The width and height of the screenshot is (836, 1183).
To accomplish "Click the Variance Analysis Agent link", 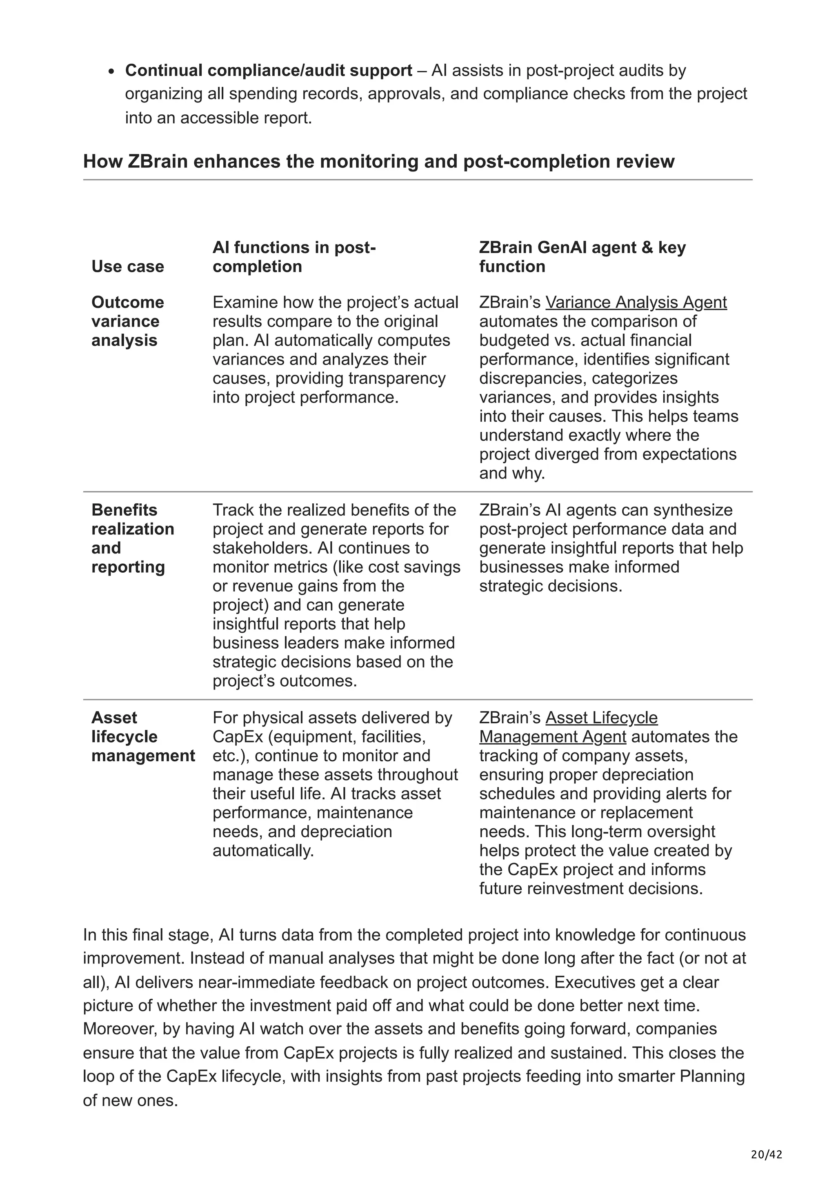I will coord(636,302).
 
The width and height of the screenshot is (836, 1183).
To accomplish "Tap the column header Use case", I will coord(128,267).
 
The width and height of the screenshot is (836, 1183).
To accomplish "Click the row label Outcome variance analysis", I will coord(128,321).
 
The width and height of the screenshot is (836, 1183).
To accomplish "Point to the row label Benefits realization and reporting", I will coord(132,538).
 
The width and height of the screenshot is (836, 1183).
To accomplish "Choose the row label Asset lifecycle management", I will coord(143,737).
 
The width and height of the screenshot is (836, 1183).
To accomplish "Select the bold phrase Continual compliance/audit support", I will coord(268,71).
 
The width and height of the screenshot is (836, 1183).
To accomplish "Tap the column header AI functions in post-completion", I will coord(294,257).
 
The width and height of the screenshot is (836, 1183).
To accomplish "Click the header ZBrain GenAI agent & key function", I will coord(582,257).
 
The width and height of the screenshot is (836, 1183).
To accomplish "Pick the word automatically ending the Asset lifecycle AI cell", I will coord(263,851).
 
